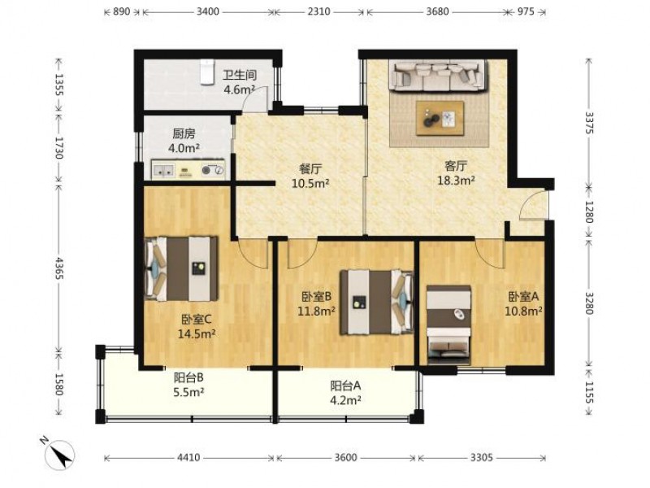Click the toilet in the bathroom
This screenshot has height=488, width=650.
coord(207,72)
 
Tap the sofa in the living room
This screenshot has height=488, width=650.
coord(437,76)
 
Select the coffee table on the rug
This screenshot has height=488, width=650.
coord(440,118)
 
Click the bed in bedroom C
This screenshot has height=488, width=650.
coord(181,268)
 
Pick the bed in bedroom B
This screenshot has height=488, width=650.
coord(377,302)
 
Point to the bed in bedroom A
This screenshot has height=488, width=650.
coord(449,325)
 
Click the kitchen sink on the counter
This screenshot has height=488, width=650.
coord(163,170)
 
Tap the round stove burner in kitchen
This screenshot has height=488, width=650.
coord(207,170)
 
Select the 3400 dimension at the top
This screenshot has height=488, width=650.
coord(208,11)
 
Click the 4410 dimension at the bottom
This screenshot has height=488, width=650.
coord(188,458)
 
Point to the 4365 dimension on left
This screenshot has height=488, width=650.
coord(59,268)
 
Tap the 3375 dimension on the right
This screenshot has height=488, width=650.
coord(590,123)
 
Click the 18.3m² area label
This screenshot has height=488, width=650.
coord(457,180)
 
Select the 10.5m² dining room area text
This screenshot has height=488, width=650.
coord(310,183)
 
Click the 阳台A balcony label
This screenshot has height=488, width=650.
coord(345,386)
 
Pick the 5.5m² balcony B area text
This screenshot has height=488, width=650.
coord(188,392)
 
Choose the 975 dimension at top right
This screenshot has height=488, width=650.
coord(526,11)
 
